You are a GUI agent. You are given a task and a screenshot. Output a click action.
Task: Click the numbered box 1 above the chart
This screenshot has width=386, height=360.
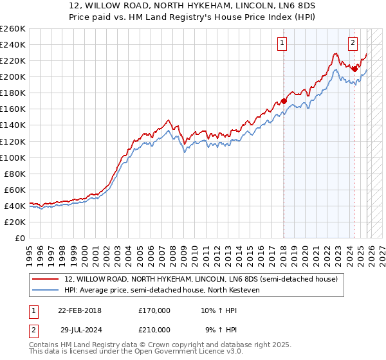click(x=283, y=44)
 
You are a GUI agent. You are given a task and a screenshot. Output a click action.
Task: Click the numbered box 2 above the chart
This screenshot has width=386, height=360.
click(x=353, y=44)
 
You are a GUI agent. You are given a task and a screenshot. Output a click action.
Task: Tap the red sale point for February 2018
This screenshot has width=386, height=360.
click(x=284, y=101)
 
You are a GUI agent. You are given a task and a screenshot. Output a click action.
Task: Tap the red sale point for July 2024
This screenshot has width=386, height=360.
click(x=354, y=69)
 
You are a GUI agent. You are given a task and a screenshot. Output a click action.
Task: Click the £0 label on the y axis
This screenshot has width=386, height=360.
click(x=19, y=238)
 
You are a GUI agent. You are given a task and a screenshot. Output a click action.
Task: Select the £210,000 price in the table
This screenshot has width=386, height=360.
click(x=154, y=330)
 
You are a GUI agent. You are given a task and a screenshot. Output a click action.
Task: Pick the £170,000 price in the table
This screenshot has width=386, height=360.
click(x=154, y=310)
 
